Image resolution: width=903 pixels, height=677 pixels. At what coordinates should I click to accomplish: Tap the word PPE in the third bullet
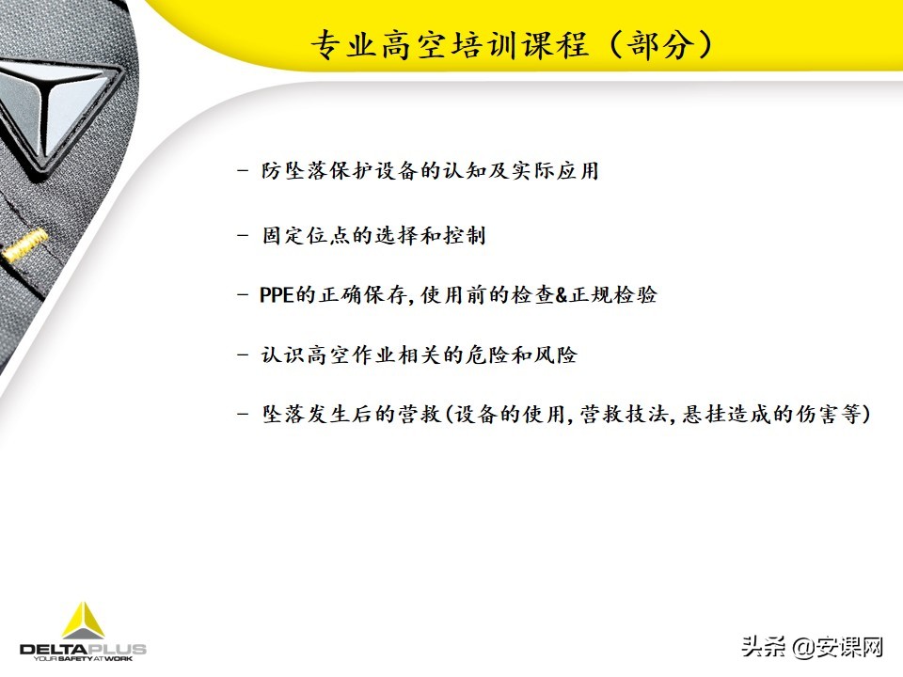[277, 295]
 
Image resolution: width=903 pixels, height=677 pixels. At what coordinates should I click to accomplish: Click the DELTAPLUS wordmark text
[83, 649]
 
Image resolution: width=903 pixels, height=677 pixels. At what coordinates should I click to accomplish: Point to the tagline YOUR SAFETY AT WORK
[83, 660]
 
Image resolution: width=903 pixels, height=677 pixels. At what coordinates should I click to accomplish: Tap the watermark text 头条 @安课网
[813, 647]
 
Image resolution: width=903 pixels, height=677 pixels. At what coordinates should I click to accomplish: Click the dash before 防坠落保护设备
[244, 173]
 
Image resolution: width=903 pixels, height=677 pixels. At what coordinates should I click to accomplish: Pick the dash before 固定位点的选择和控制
[244, 235]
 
